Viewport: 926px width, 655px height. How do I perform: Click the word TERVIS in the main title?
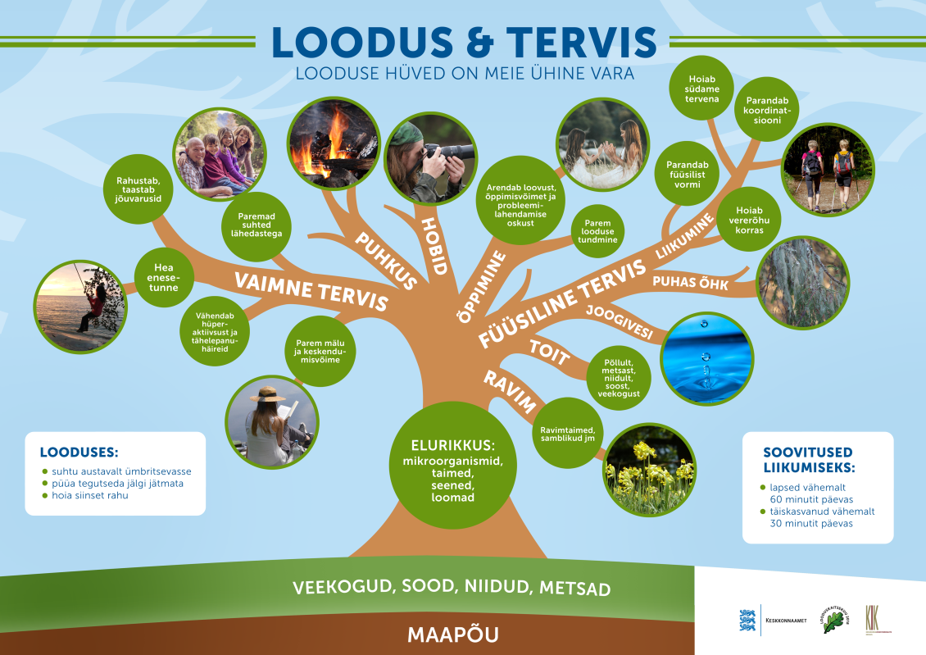581,42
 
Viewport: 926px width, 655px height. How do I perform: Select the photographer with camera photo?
430,161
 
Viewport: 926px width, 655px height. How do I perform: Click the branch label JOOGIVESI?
619,322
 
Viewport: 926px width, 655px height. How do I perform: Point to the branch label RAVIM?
509,392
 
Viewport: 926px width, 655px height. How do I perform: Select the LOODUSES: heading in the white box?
79,452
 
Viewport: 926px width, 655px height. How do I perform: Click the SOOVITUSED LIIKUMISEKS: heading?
808,460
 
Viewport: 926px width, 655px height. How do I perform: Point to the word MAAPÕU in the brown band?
452,634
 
